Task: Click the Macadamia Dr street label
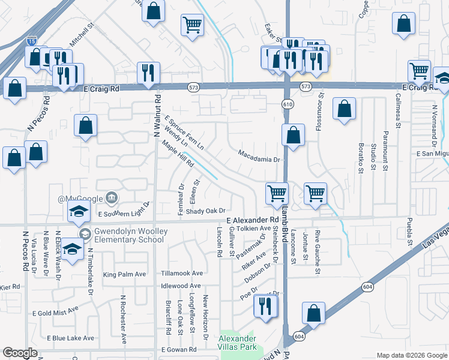pos(259,160)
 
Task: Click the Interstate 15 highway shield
pos(32,42)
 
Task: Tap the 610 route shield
pos(289,104)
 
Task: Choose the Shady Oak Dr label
pos(205,211)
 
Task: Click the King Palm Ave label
pos(125,274)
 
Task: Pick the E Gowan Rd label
pos(179,350)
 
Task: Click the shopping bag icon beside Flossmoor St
pos(344,110)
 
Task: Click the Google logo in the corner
pos(20,353)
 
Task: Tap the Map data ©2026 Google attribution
pos(411,355)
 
